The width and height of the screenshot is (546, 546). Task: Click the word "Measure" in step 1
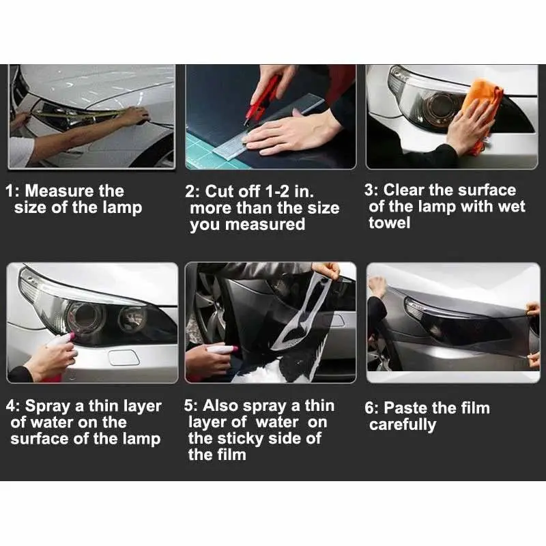59,191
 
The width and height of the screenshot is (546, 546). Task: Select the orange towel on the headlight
483,111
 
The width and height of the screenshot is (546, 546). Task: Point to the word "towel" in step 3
389,223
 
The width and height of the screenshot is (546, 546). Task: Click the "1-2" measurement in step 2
277,191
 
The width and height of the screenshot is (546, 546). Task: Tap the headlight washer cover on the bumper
124,358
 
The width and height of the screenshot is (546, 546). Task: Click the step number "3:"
372,190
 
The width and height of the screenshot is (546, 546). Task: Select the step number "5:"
192,406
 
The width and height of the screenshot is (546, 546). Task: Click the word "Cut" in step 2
220,192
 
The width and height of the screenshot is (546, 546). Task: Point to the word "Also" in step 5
220,406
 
